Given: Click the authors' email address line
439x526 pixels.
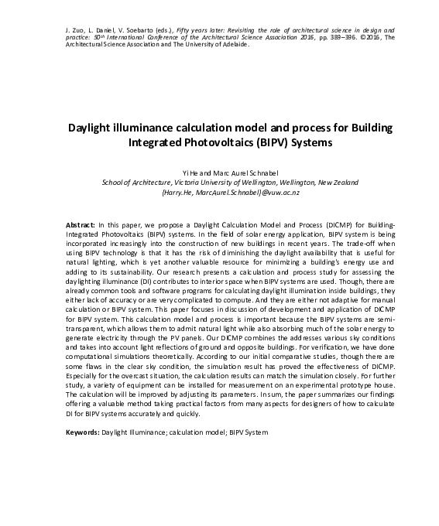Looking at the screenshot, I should pyautogui.click(x=220, y=193).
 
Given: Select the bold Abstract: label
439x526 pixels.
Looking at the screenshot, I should pyautogui.click(x=81, y=221).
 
